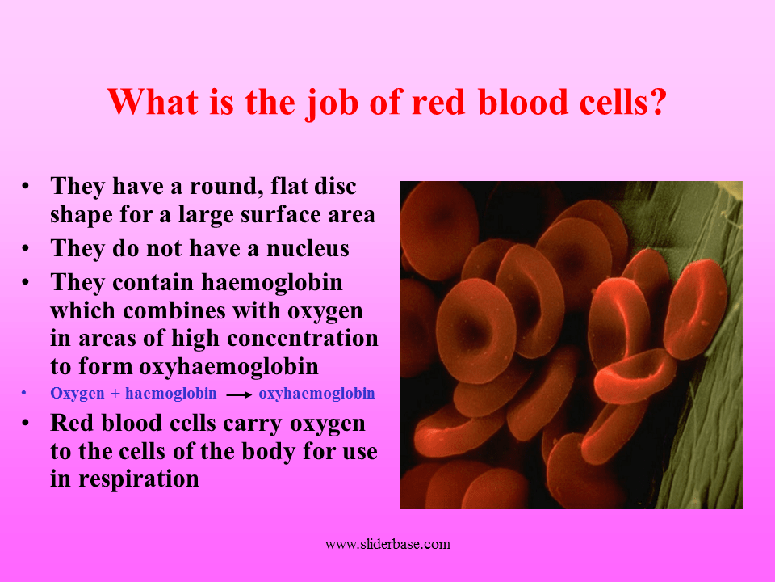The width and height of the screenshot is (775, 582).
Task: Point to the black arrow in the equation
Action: pos(239,395)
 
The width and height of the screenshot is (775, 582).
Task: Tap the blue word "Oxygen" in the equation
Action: pos(77,394)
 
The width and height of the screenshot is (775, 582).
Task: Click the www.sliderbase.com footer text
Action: pos(387,544)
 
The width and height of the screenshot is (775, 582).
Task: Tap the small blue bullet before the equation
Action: pos(24,394)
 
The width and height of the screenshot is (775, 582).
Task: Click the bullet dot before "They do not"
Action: pos(26,248)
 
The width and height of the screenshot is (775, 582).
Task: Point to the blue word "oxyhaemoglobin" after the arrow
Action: pos(316,394)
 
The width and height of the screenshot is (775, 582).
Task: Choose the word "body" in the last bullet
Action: pos(266,451)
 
